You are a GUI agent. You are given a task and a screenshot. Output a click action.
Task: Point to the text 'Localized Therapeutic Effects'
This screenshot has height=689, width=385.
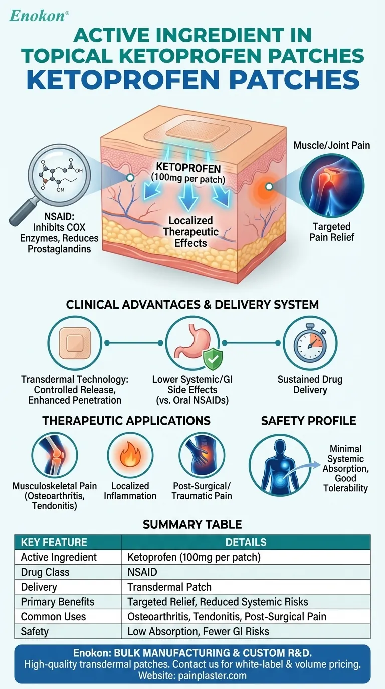pyautogui.click(x=190, y=232)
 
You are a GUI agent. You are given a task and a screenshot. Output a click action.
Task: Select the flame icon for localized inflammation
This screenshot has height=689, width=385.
pyautogui.click(x=130, y=456)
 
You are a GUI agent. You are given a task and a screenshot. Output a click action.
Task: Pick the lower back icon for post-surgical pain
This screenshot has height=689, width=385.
pyautogui.click(x=202, y=456)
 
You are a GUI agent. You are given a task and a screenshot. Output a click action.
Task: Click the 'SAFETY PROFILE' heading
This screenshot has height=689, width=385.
pyautogui.click(x=308, y=421)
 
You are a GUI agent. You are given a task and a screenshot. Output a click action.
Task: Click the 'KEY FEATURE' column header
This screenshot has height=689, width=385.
pyautogui.click(x=54, y=542)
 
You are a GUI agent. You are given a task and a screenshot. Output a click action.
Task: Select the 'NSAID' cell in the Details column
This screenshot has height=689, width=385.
pyautogui.click(x=142, y=572)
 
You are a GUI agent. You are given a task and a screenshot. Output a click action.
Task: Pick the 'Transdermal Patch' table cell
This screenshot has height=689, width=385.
pyautogui.click(x=169, y=587)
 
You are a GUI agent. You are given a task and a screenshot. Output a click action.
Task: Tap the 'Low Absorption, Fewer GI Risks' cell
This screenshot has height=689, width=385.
pyautogui.click(x=198, y=632)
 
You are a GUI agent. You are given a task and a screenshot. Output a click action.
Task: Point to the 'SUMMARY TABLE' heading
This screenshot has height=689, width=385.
pyautogui.click(x=192, y=524)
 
